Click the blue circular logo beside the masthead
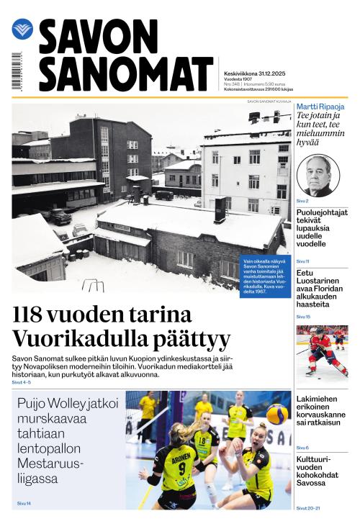(x=22, y=30)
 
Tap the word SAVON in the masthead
(x=98, y=37)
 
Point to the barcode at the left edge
(x=16, y=71)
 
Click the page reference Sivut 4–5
(x=22, y=382)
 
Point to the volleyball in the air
(x=277, y=414)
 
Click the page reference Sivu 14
(x=24, y=503)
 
